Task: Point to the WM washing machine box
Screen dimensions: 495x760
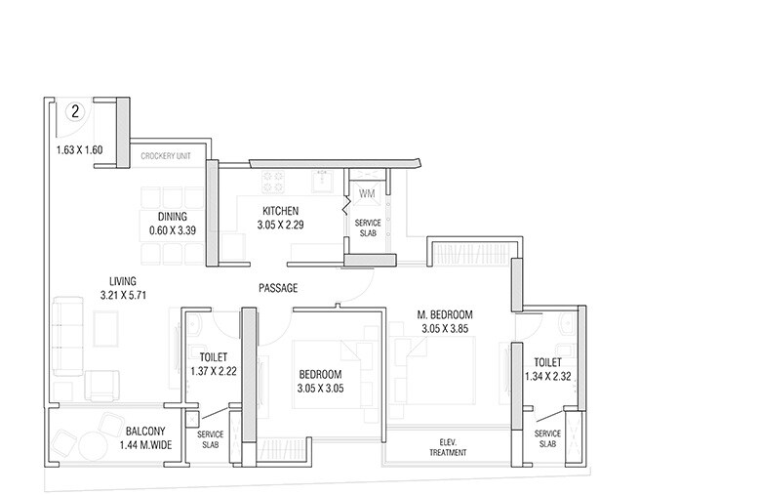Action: coord(367,193)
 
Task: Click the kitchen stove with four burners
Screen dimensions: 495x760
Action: coord(272,182)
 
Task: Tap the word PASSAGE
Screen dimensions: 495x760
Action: coord(278,288)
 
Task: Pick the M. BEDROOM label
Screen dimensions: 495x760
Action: coord(446,314)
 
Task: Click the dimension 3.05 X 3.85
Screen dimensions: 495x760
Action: coord(446,329)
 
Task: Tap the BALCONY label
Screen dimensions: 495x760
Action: coord(145,431)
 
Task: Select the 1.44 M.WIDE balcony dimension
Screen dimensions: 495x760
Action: coord(145,444)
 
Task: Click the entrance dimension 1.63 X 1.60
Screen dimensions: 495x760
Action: coord(79,150)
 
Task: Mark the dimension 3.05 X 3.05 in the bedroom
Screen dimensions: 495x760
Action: coord(320,389)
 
